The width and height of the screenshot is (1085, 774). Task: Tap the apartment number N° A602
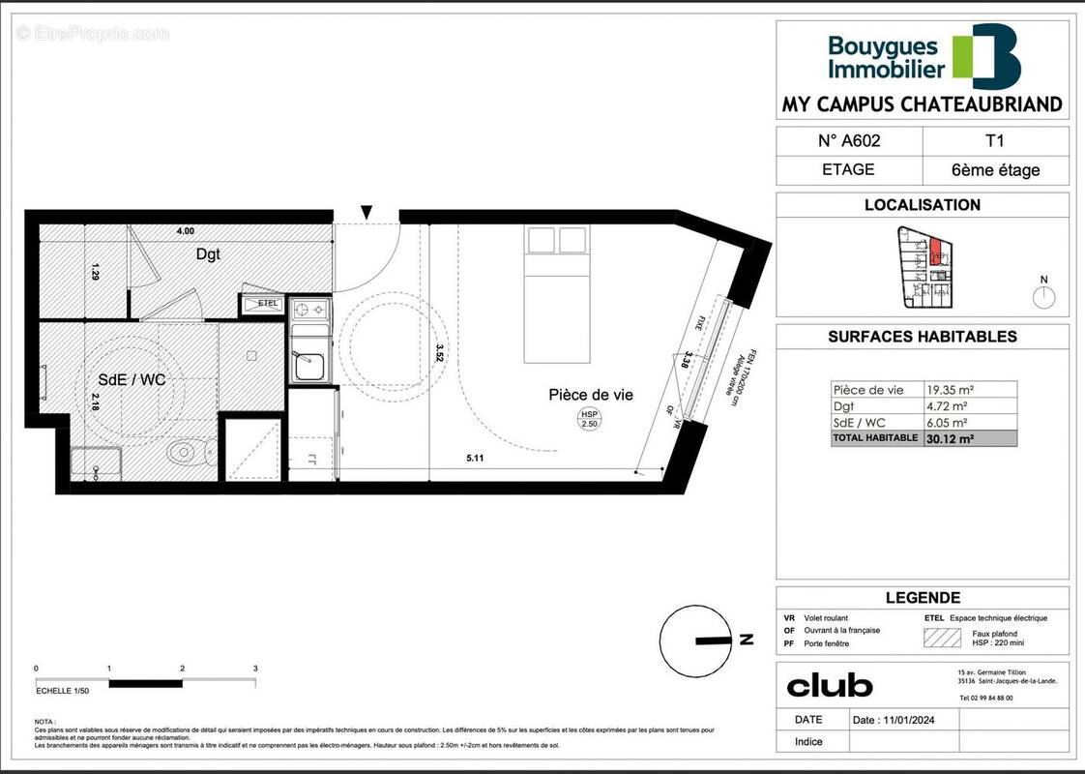848,140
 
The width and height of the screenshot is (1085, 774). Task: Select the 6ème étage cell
995,170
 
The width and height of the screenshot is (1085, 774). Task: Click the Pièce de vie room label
591,395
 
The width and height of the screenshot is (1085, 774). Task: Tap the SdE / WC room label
131,380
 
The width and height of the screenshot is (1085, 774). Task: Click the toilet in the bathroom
190,451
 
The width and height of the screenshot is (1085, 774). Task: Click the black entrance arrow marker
367,212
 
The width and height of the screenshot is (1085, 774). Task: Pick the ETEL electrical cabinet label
267,304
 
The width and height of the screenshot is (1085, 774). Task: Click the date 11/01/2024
894,720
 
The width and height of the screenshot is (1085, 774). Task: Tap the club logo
830,686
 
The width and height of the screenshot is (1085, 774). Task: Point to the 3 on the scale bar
255,669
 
